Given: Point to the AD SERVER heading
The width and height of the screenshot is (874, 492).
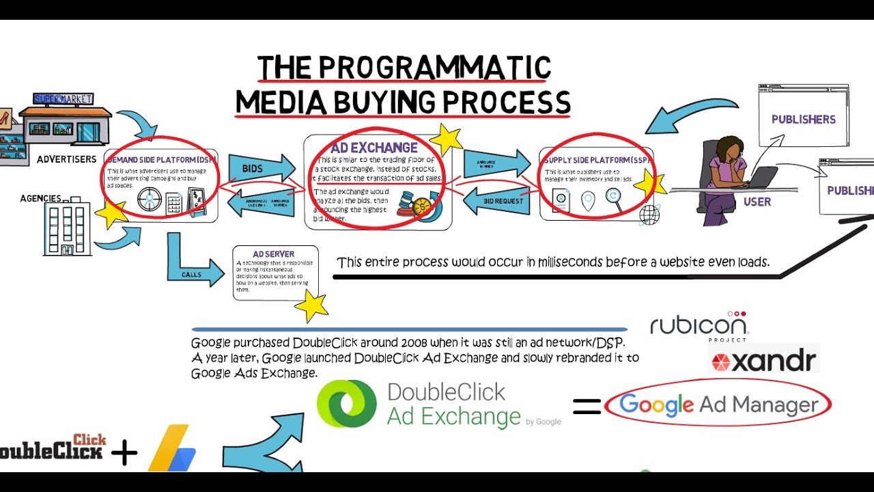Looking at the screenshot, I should click(273, 254).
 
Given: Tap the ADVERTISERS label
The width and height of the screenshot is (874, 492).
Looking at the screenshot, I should click(66, 159).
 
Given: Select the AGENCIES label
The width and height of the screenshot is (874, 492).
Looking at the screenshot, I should click(40, 198).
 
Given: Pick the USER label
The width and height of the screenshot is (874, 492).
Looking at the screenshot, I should click(757, 202).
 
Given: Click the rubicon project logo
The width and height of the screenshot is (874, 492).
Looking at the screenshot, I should click(699, 325).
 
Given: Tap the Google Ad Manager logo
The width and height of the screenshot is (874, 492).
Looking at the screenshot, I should click(718, 405).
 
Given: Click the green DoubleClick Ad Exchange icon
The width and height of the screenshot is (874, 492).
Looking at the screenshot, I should click(347, 404).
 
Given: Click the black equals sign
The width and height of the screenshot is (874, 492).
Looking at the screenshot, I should click(587, 407).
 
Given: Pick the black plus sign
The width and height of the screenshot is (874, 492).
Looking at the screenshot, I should click(124, 453).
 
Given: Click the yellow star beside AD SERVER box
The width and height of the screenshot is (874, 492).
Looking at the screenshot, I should click(312, 306).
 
